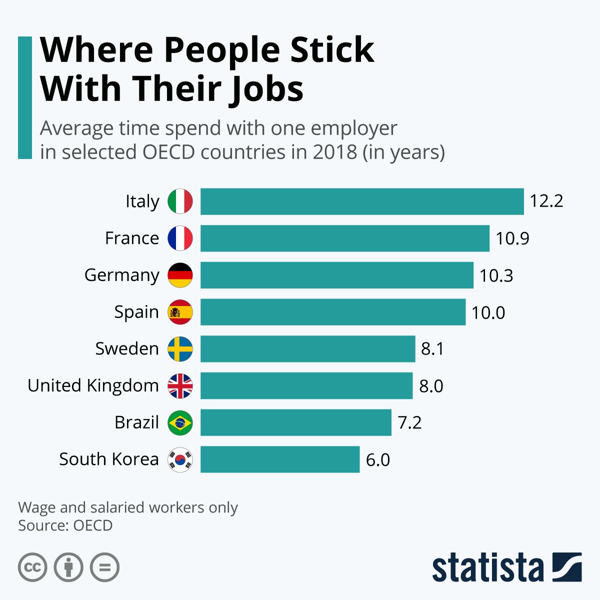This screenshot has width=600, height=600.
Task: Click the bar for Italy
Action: point(362,201)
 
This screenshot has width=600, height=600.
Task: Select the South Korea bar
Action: point(280,459)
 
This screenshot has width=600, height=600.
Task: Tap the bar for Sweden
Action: point(307,349)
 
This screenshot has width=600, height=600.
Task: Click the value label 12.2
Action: point(546,201)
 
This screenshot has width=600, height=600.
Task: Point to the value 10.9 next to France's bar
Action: point(512,238)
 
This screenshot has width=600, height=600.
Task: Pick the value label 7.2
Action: point(409,423)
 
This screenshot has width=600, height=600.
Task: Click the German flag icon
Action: point(180,275)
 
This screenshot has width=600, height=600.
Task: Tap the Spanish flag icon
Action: point(180,312)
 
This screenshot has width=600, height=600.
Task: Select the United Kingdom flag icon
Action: point(180,386)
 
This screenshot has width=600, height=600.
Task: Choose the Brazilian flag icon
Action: point(180,423)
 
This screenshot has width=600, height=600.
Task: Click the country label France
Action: point(132,238)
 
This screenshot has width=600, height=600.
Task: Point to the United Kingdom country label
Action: point(93,386)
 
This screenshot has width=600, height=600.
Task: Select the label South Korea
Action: point(108,459)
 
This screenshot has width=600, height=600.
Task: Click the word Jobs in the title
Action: point(266,89)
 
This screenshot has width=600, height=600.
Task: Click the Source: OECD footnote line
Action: point(65,526)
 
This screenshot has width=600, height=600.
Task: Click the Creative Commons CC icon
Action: point(32,567)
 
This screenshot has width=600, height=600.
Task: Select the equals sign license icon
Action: point(105,567)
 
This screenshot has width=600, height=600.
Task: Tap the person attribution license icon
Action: point(68,567)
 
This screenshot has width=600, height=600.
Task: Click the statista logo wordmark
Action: point(487,567)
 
